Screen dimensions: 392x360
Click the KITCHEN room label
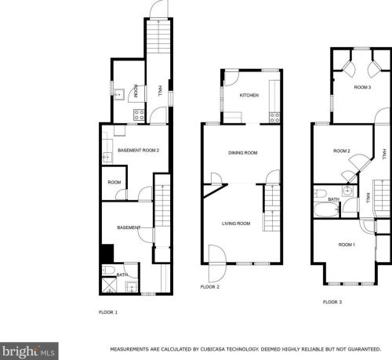tap(249, 95)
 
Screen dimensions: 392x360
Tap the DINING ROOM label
tap(243, 153)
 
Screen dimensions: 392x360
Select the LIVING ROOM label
tap(236, 224)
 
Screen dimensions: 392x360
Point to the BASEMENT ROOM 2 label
tap(138, 151)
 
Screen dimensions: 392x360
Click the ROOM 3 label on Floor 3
tap(362, 87)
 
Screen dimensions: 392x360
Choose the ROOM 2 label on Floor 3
tap(342, 151)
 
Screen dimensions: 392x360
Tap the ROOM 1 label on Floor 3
tap(347, 245)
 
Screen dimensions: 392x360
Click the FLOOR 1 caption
tap(108, 312)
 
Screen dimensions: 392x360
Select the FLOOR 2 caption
tap(210, 287)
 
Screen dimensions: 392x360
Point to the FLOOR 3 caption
tap(332, 302)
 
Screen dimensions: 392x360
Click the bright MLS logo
tap(29, 351)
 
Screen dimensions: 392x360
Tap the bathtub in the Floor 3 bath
tap(326, 210)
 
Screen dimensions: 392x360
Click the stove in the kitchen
tap(274, 118)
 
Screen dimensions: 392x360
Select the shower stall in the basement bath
tap(109, 285)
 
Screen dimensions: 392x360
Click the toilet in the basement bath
tap(108, 270)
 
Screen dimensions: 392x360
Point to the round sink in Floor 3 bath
tap(347, 191)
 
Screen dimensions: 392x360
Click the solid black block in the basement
tap(107, 253)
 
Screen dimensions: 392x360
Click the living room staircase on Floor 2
tap(272, 208)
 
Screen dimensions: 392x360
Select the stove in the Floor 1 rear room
tap(139, 115)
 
